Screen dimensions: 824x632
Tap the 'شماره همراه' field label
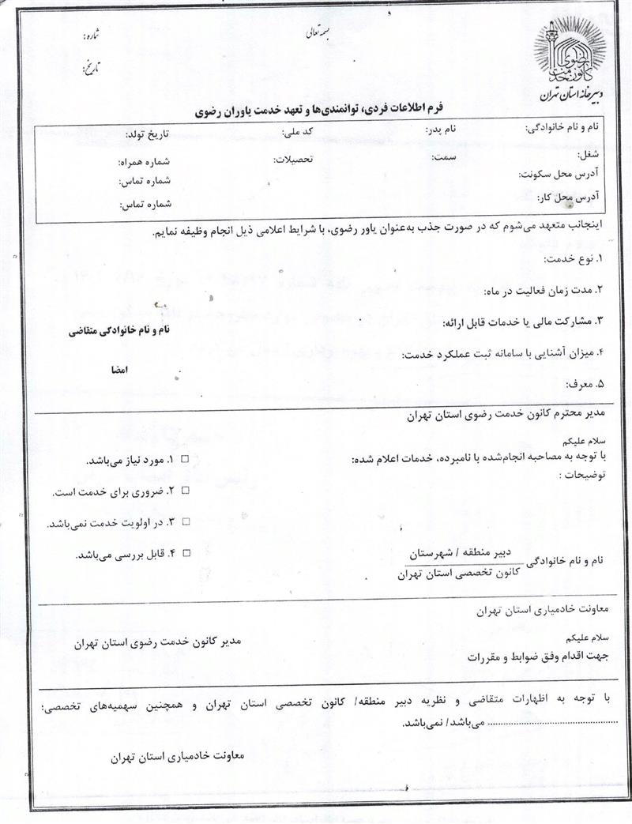[144, 162]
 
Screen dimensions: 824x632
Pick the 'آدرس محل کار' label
[567, 195]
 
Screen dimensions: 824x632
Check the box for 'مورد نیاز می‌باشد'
[186, 459]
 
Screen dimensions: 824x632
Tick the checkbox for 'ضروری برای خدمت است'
[186, 491]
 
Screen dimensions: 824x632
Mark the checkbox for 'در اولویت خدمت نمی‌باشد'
[186, 522]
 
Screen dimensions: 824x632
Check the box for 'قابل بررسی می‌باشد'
[186, 554]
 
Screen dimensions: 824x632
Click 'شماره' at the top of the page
[92, 37]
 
